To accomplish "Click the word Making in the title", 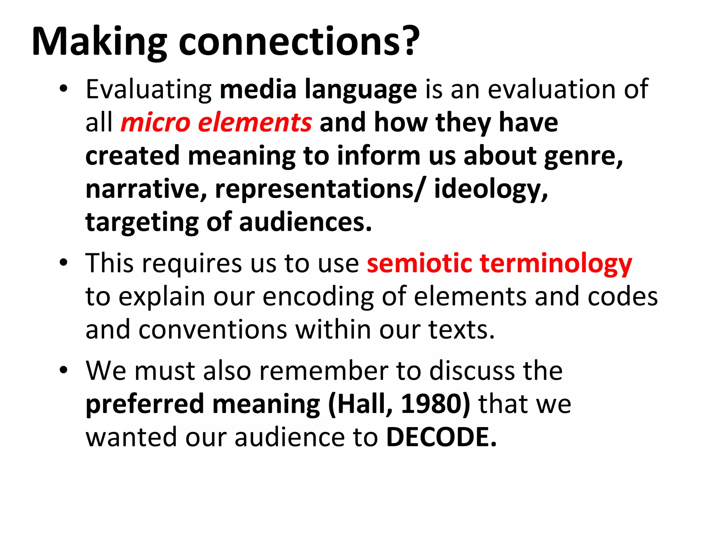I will click(x=99, y=42).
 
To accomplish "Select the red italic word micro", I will click(x=156, y=122).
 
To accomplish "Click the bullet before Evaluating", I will click(x=63, y=89).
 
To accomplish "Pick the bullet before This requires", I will click(x=63, y=263).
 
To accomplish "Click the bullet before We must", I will click(x=63, y=370).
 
